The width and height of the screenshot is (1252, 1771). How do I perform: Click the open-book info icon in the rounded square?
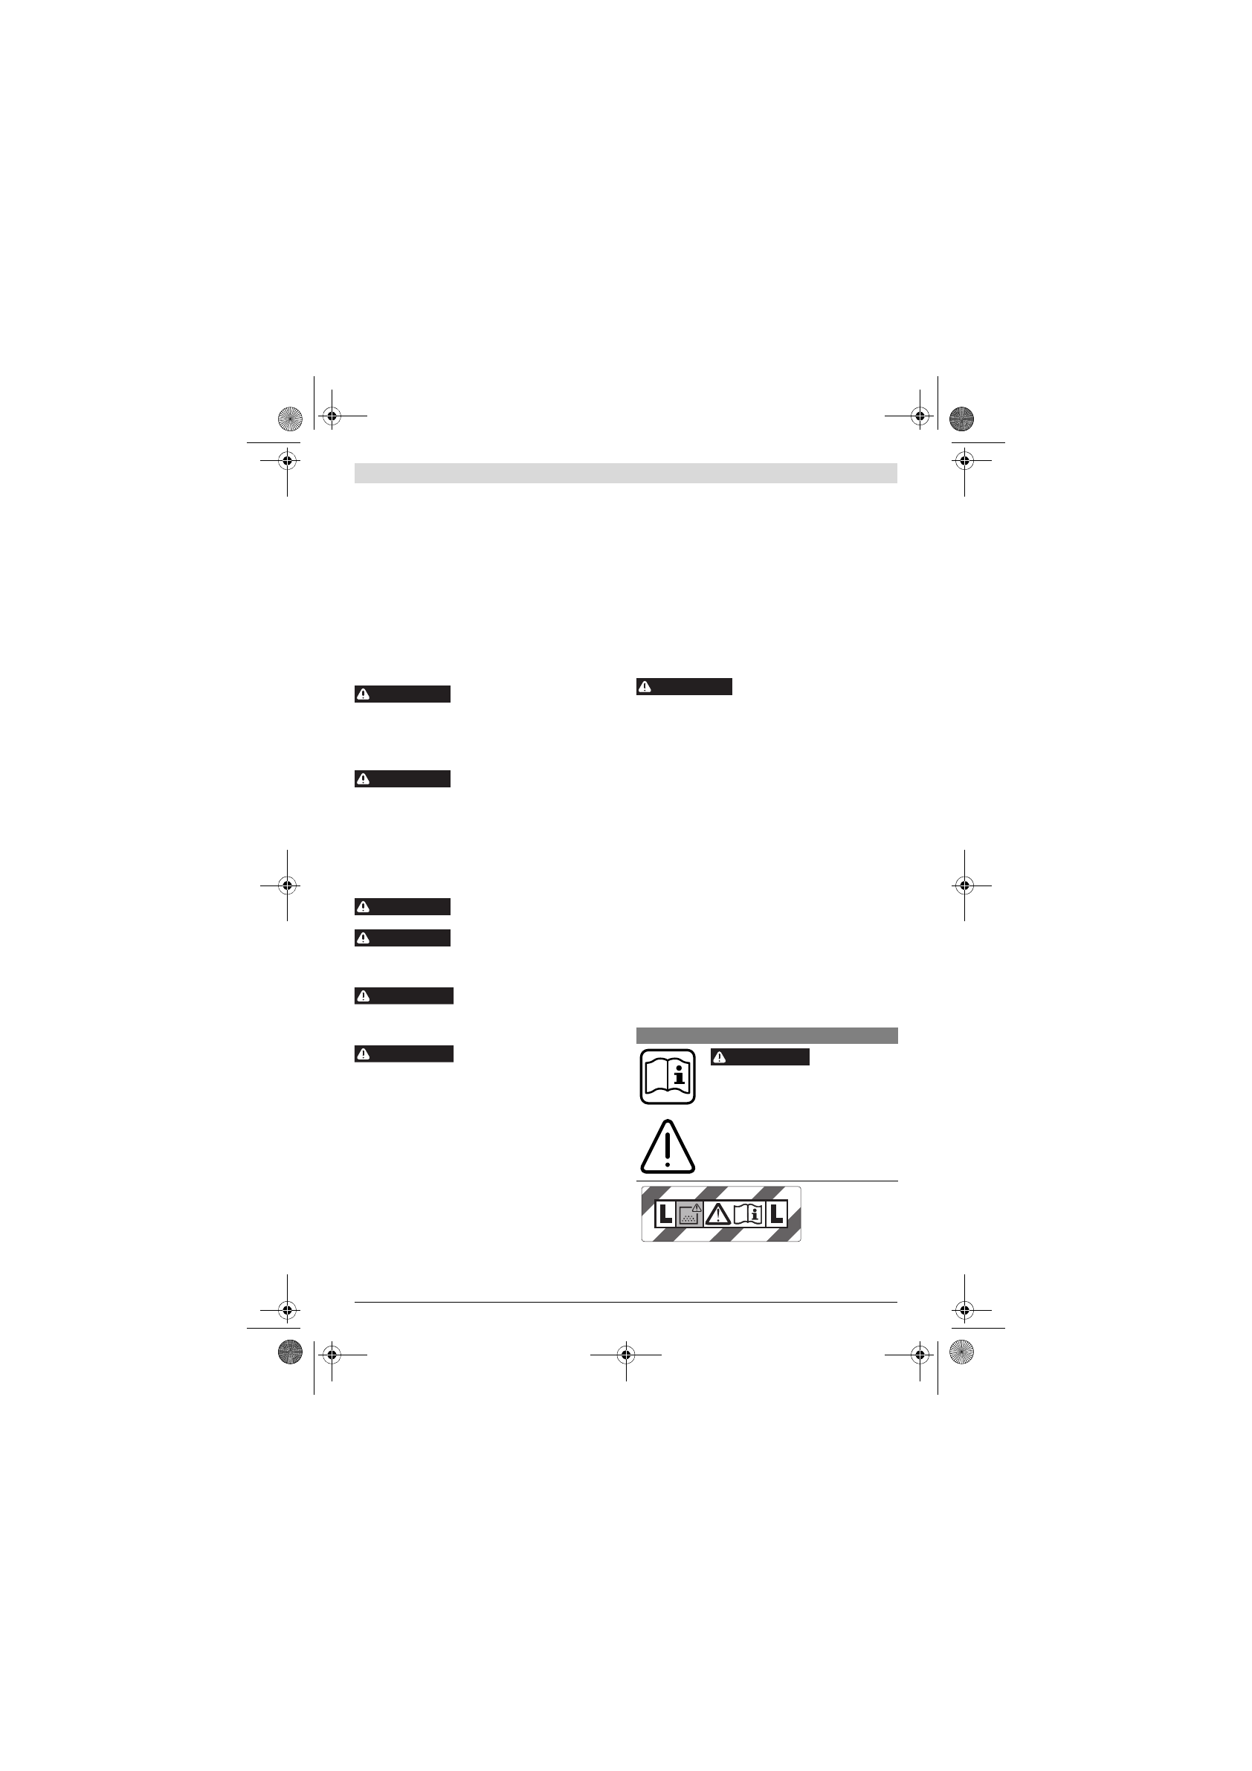pyautogui.click(x=668, y=1076)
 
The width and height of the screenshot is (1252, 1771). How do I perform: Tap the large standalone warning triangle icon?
pyautogui.click(x=668, y=1147)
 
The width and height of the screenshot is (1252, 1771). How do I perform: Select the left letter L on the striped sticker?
pyautogui.click(x=665, y=1214)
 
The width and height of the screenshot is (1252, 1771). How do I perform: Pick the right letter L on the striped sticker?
pyautogui.click(x=776, y=1214)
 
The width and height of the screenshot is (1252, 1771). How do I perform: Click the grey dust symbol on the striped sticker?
pyautogui.click(x=690, y=1214)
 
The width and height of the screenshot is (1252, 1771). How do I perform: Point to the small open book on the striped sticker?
pyautogui.click(x=747, y=1214)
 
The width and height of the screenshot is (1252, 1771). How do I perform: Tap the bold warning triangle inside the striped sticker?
pyautogui.click(x=718, y=1214)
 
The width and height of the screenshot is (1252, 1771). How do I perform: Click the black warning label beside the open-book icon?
pyautogui.click(x=760, y=1057)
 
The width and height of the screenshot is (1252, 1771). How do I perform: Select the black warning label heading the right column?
pyautogui.click(x=684, y=686)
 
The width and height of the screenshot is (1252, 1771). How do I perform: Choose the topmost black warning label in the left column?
pyautogui.click(x=403, y=694)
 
